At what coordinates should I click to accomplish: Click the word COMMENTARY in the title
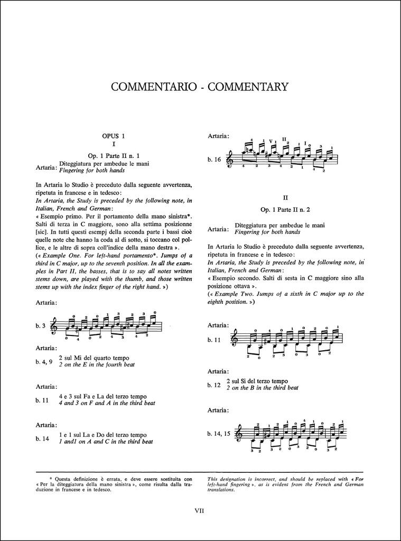(x=248, y=87)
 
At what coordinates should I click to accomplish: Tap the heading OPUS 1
(x=113, y=136)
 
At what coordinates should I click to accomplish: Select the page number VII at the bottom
(x=199, y=510)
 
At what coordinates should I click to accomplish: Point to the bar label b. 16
(x=215, y=159)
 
